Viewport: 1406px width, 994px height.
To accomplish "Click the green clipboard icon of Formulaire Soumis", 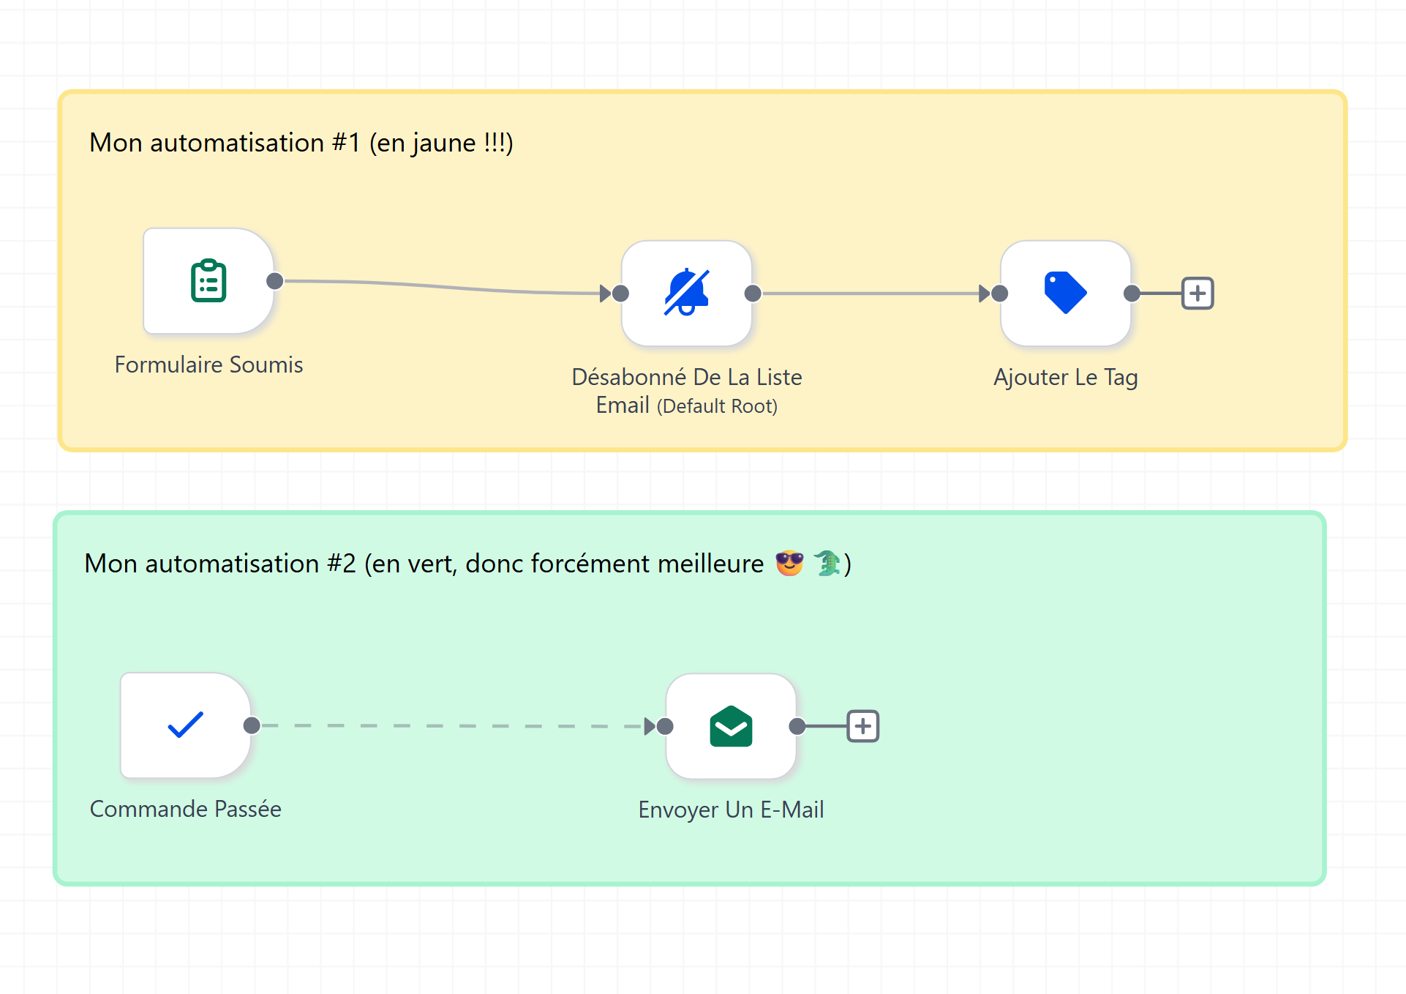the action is click(208, 280).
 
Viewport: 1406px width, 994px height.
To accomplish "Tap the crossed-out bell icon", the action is click(686, 292).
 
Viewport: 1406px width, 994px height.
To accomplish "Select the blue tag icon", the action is click(1065, 292).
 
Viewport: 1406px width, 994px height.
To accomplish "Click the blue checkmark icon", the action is click(185, 725).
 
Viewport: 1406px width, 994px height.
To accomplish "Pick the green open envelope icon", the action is click(731, 726).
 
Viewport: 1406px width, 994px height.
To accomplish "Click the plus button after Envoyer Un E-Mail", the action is click(863, 726).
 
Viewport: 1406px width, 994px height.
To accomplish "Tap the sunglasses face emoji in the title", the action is click(789, 563).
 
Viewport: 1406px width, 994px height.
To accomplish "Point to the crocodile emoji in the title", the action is click(827, 563).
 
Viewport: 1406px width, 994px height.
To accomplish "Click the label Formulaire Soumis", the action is click(208, 365).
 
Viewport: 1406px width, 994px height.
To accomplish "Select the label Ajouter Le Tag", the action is click(1065, 378).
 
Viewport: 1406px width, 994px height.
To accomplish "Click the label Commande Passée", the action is click(185, 809).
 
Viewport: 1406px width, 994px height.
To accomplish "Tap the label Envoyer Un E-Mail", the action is click(731, 810).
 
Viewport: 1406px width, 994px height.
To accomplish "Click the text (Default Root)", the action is click(717, 406).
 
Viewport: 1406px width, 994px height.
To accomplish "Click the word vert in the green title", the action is click(432, 563).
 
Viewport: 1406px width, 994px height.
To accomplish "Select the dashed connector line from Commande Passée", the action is click(454, 726).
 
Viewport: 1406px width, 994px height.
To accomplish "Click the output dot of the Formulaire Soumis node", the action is click(275, 281).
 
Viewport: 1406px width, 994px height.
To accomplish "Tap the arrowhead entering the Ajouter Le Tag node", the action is click(985, 294).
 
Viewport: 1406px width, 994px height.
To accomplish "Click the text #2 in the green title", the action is click(342, 563).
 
